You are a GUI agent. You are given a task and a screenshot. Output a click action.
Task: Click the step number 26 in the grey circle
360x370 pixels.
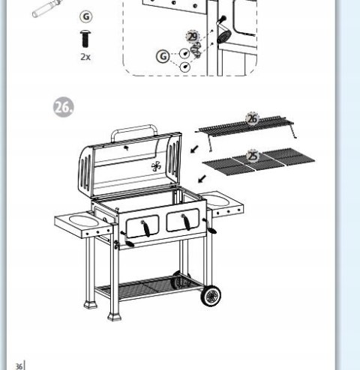[64, 107]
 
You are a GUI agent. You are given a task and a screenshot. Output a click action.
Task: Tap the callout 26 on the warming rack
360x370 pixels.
[252, 119]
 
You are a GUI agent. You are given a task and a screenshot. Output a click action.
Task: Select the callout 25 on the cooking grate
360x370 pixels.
[253, 157]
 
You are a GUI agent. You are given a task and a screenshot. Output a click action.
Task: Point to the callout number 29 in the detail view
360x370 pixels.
[193, 37]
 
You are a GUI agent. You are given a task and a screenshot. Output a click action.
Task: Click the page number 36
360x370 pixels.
[19, 366]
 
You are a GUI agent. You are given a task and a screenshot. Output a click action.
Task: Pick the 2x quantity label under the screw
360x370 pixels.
[85, 57]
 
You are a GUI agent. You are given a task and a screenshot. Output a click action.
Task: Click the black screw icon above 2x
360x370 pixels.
[85, 39]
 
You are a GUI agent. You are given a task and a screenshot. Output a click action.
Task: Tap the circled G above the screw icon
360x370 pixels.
[86, 16]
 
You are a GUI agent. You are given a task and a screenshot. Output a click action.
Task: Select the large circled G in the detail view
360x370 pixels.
[163, 56]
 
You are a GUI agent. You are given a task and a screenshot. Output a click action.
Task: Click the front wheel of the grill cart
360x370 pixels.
[211, 296]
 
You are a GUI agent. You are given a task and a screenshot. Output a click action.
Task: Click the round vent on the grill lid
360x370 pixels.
[156, 166]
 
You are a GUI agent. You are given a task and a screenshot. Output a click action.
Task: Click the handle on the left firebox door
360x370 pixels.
[145, 228]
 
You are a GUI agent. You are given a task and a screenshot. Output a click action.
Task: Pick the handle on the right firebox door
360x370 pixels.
[186, 222]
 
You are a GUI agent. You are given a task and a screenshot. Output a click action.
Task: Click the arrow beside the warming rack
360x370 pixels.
[194, 149]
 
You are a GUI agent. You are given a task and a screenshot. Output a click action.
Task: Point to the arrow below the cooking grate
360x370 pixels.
[202, 179]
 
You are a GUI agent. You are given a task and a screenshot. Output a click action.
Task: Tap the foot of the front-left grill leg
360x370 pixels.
[114, 317]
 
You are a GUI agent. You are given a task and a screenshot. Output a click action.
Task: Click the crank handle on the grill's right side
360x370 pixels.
[209, 226]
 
